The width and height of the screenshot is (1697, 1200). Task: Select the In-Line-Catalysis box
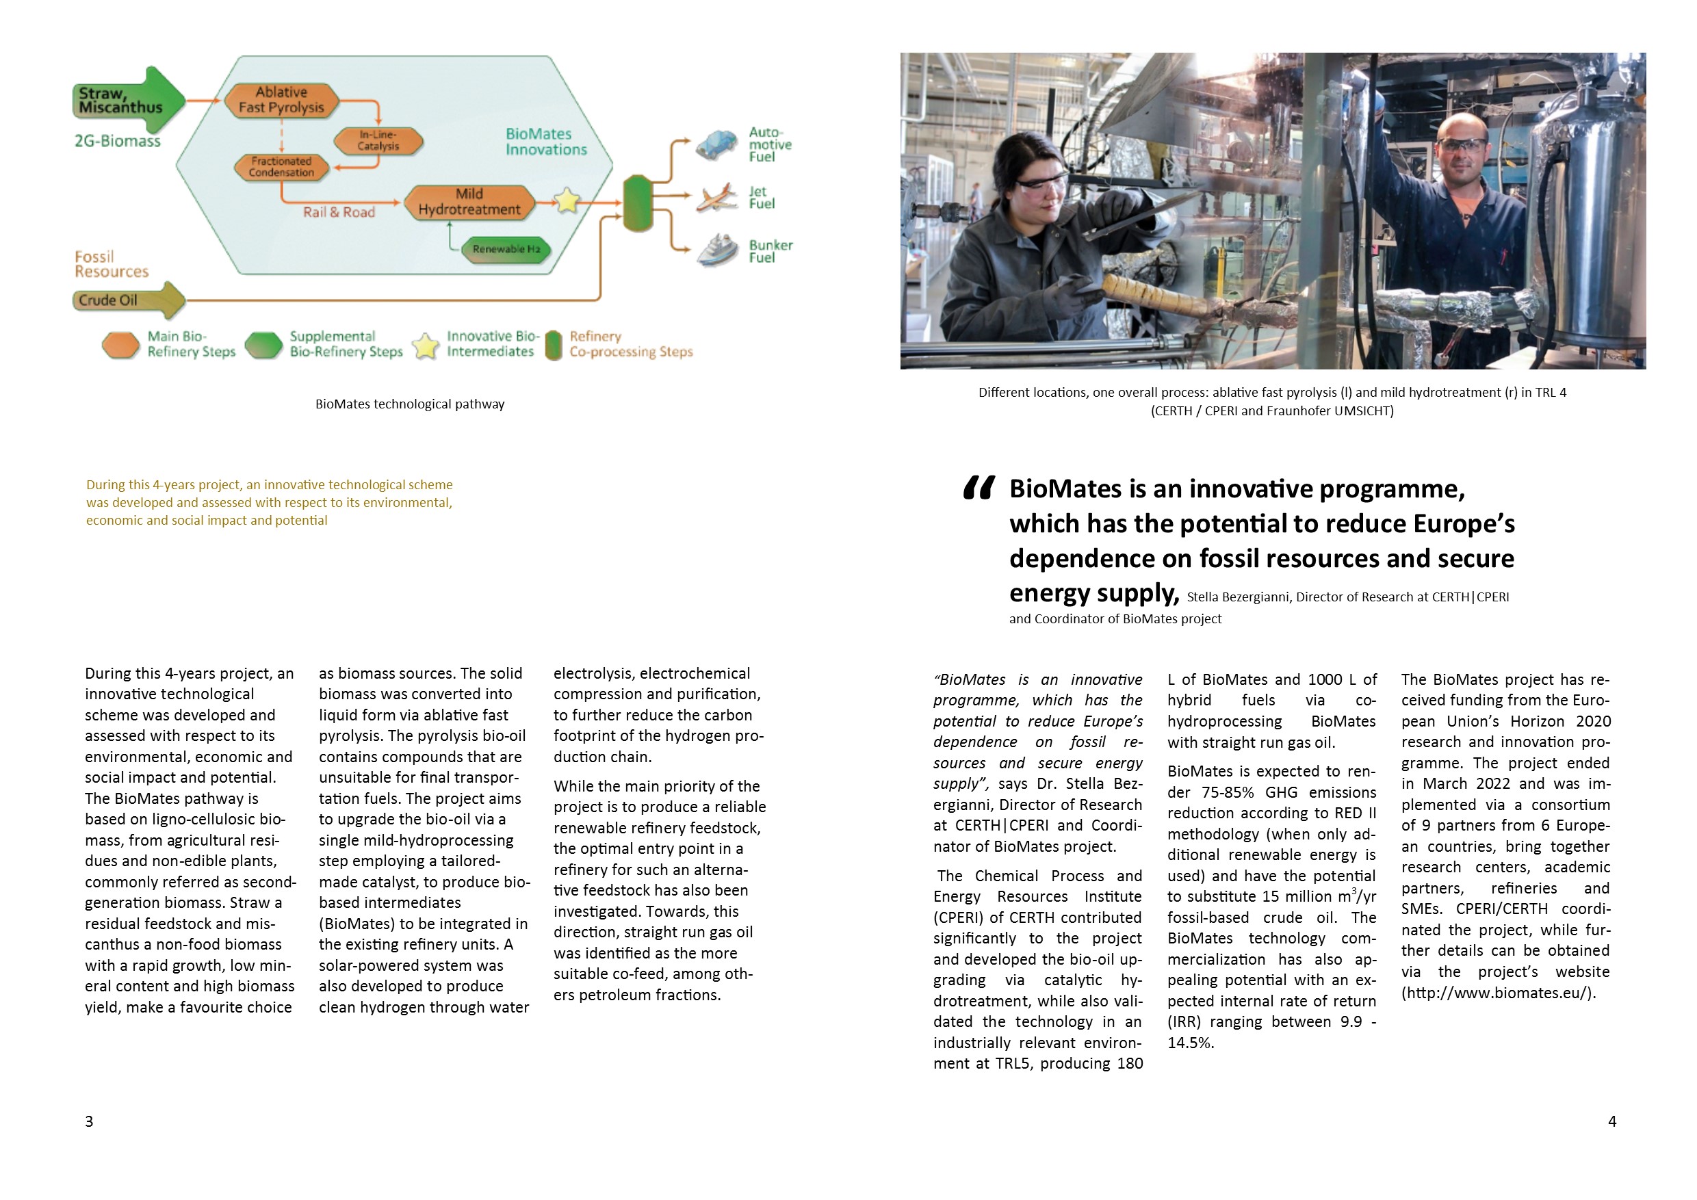[378, 140]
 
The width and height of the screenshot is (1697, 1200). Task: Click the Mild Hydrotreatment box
[469, 202]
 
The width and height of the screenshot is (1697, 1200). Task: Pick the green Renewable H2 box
[506, 249]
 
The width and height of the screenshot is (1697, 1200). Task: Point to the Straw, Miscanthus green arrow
[129, 101]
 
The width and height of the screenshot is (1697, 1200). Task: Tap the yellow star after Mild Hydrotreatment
[567, 200]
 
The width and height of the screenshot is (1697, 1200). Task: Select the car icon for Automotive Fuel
[716, 145]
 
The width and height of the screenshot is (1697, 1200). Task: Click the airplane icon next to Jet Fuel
[716, 197]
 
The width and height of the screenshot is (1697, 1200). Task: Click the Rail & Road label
[339, 212]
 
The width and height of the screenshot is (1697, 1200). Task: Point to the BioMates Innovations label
[545, 141]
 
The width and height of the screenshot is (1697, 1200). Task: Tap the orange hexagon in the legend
[120, 345]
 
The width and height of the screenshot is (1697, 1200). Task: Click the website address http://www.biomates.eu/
[1498, 993]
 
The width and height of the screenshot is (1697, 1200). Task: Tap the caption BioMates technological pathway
[409, 404]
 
